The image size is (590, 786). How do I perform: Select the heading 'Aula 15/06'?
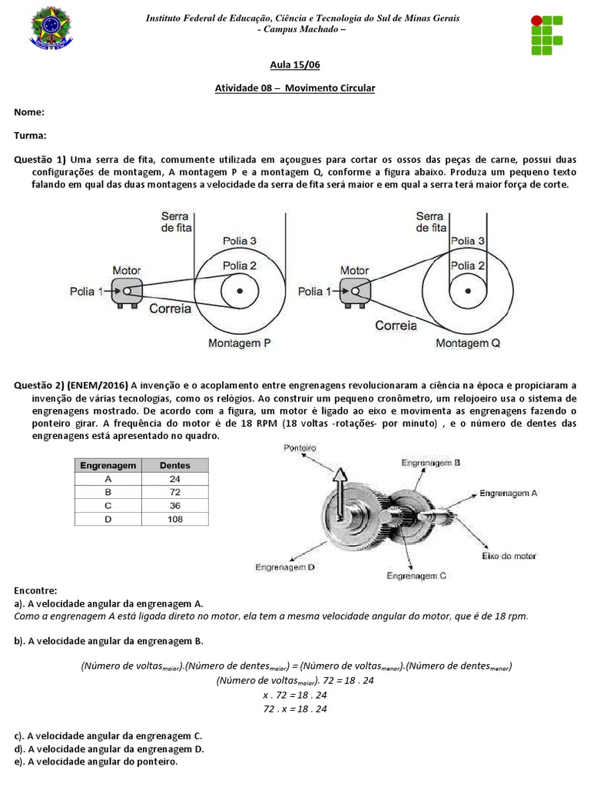[x=294, y=67]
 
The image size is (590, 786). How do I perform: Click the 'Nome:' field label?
[x=29, y=112]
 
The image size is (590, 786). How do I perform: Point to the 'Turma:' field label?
[x=31, y=135]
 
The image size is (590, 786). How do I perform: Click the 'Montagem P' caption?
[x=240, y=343]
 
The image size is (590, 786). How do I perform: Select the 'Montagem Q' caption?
[x=468, y=343]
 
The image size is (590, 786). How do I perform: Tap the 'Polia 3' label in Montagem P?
[x=240, y=241]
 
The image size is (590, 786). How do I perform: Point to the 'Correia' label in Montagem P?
[x=171, y=309]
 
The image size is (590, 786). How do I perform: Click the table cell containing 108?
[x=174, y=519]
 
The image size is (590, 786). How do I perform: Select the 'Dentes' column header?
[x=174, y=464]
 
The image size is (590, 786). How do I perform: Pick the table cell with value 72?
[x=174, y=491]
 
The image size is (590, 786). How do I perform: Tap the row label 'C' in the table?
[x=108, y=505]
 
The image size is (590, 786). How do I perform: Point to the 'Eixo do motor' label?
[x=508, y=555]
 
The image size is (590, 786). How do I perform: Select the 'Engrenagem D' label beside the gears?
[x=287, y=566]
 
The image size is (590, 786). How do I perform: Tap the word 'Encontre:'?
[x=35, y=590]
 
